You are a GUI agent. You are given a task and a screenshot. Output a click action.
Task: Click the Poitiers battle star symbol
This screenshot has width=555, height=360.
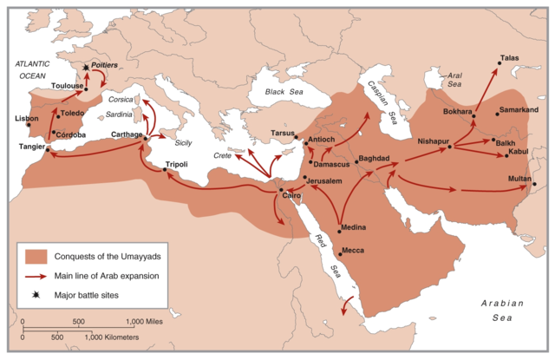coord(85,67)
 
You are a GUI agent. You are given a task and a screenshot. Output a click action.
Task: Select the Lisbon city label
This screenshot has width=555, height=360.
coord(27,118)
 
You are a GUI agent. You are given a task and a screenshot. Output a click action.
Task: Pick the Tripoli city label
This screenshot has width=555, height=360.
coord(177,163)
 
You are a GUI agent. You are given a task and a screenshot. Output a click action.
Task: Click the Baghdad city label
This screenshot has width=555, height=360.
coord(374,159)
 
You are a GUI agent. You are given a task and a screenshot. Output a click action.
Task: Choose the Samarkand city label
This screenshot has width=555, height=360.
coord(519,110)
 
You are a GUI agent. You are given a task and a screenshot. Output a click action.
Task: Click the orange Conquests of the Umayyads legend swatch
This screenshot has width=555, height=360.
coord(36,256)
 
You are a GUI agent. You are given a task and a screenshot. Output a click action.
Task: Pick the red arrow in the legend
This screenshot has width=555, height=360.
coord(36,277)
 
